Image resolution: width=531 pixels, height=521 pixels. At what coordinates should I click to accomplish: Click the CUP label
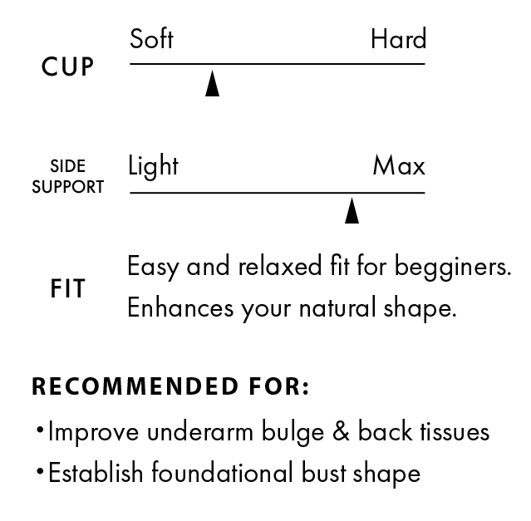67,67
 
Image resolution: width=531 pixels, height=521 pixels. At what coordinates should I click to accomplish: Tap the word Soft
151,39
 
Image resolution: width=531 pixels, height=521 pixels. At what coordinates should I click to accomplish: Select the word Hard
398,39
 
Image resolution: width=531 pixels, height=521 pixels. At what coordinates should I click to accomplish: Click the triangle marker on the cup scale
212,84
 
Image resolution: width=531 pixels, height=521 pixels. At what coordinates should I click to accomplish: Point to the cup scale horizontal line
277,64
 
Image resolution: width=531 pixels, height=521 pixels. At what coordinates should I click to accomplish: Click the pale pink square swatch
484,56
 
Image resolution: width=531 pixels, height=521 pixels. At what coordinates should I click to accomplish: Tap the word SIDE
67,166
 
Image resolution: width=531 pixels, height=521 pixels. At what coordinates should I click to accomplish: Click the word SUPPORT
67,187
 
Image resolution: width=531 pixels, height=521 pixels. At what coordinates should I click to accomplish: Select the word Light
153,166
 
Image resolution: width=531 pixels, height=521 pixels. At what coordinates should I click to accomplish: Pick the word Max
399,166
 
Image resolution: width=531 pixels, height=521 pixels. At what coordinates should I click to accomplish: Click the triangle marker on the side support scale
352,211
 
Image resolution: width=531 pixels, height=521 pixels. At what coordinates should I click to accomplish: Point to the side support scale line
277,193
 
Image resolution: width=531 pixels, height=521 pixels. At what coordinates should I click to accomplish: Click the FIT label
67,289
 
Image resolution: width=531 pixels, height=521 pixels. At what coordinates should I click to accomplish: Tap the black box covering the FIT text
332,288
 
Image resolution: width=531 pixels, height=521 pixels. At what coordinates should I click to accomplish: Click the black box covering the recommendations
332,436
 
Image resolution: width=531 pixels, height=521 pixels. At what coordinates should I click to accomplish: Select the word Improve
93,433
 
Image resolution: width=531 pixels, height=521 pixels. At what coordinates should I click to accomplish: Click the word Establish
95,473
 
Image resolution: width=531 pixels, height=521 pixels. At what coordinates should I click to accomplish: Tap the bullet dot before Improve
39,430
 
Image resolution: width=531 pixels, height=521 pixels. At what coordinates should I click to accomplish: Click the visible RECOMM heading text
91,387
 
